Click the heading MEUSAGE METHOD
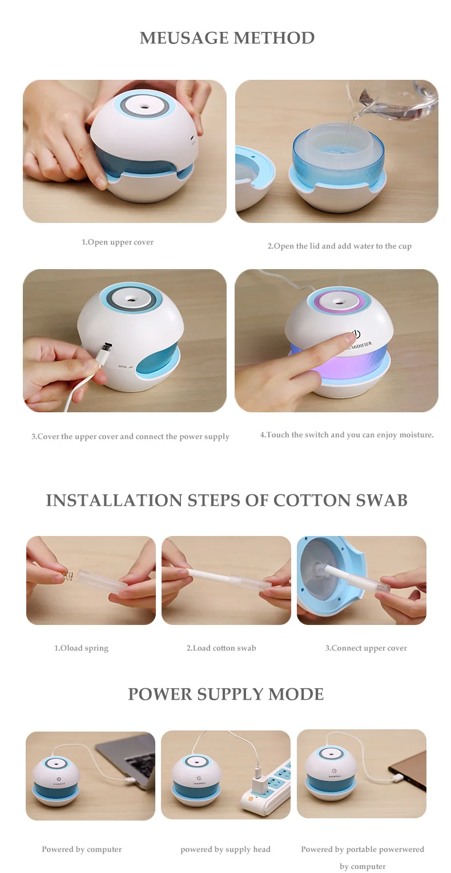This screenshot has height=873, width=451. click(x=227, y=38)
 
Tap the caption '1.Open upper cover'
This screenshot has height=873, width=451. click(x=118, y=242)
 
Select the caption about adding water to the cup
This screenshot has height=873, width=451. click(x=339, y=246)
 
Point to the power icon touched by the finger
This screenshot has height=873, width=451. click(x=356, y=334)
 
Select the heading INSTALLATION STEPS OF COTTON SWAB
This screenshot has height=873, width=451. click(x=227, y=501)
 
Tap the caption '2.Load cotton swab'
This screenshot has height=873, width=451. click(x=221, y=648)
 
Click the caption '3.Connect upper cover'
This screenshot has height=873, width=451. click(x=366, y=648)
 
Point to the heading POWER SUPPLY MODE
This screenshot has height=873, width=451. click(x=226, y=695)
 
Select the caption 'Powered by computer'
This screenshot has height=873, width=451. click(x=82, y=850)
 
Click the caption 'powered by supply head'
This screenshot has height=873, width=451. click(x=226, y=850)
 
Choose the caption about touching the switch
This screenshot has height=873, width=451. click(x=347, y=435)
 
